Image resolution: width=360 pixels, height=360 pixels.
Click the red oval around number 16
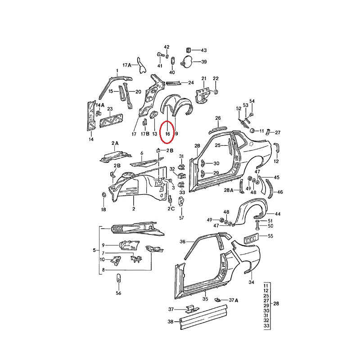160,131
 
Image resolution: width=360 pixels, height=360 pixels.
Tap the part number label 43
204,50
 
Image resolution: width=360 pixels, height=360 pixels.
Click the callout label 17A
127,65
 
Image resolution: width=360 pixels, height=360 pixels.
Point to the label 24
191,83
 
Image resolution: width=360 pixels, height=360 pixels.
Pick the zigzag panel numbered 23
111,121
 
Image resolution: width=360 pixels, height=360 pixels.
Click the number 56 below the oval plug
118,293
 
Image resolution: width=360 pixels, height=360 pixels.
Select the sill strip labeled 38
203,317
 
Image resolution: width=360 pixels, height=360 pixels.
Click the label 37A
234,300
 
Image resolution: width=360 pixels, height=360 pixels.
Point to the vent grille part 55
251,239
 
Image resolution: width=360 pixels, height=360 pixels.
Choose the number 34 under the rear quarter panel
252,282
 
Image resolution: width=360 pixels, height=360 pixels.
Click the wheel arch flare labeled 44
250,211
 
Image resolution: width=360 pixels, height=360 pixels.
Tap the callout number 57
182,218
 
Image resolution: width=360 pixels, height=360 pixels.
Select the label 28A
229,190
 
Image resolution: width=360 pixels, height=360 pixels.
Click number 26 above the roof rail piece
218,118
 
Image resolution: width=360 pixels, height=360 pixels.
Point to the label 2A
115,143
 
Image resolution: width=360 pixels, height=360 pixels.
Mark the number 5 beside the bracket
94,250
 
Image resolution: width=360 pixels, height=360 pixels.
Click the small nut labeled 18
103,195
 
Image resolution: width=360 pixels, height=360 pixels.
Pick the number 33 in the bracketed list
266,325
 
